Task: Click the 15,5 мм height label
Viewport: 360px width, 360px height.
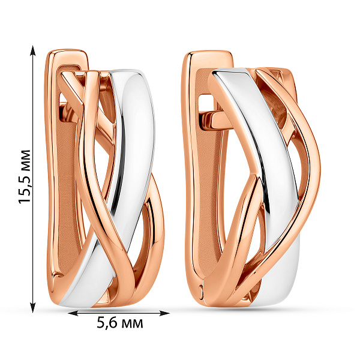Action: tap(25, 177)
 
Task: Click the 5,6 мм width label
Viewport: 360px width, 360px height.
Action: tap(120, 323)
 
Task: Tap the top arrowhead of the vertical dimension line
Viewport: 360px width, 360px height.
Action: tap(33, 50)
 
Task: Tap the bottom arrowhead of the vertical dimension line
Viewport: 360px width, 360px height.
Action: tap(33, 308)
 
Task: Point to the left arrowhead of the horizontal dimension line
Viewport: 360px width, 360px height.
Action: tap(73, 313)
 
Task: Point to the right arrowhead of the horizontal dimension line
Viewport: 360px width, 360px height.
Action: tap(164, 313)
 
